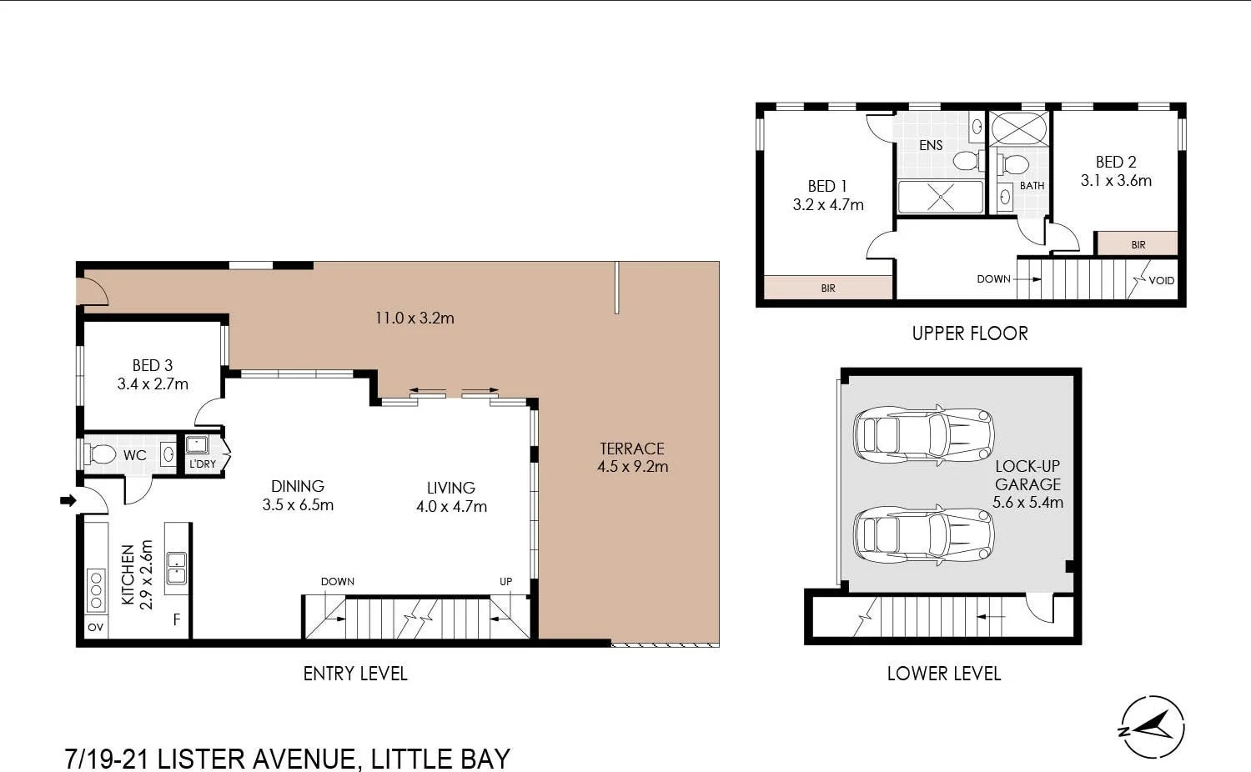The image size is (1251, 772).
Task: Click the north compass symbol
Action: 1152,727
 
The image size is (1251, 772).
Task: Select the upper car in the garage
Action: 923,434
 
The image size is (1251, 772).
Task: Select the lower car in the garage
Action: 923,534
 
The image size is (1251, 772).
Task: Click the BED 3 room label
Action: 153,365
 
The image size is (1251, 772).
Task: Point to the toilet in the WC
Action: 101,454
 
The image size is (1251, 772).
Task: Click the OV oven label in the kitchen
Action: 96,627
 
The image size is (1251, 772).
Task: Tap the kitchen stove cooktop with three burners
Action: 96,589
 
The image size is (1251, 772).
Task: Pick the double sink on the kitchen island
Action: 176,568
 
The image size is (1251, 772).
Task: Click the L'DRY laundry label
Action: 203,464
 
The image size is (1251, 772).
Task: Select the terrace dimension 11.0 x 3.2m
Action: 414,318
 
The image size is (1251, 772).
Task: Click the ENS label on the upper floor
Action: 931,145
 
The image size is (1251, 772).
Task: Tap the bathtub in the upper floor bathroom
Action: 1018,129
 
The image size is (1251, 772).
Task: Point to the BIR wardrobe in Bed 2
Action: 1137,244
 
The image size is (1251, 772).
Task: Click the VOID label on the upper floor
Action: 1161,280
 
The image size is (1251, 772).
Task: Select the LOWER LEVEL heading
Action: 943,674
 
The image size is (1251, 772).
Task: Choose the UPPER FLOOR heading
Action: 969,333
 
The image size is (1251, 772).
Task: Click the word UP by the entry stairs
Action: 505,582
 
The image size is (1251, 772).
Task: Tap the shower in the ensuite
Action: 940,197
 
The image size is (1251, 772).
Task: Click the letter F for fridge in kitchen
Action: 176,619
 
